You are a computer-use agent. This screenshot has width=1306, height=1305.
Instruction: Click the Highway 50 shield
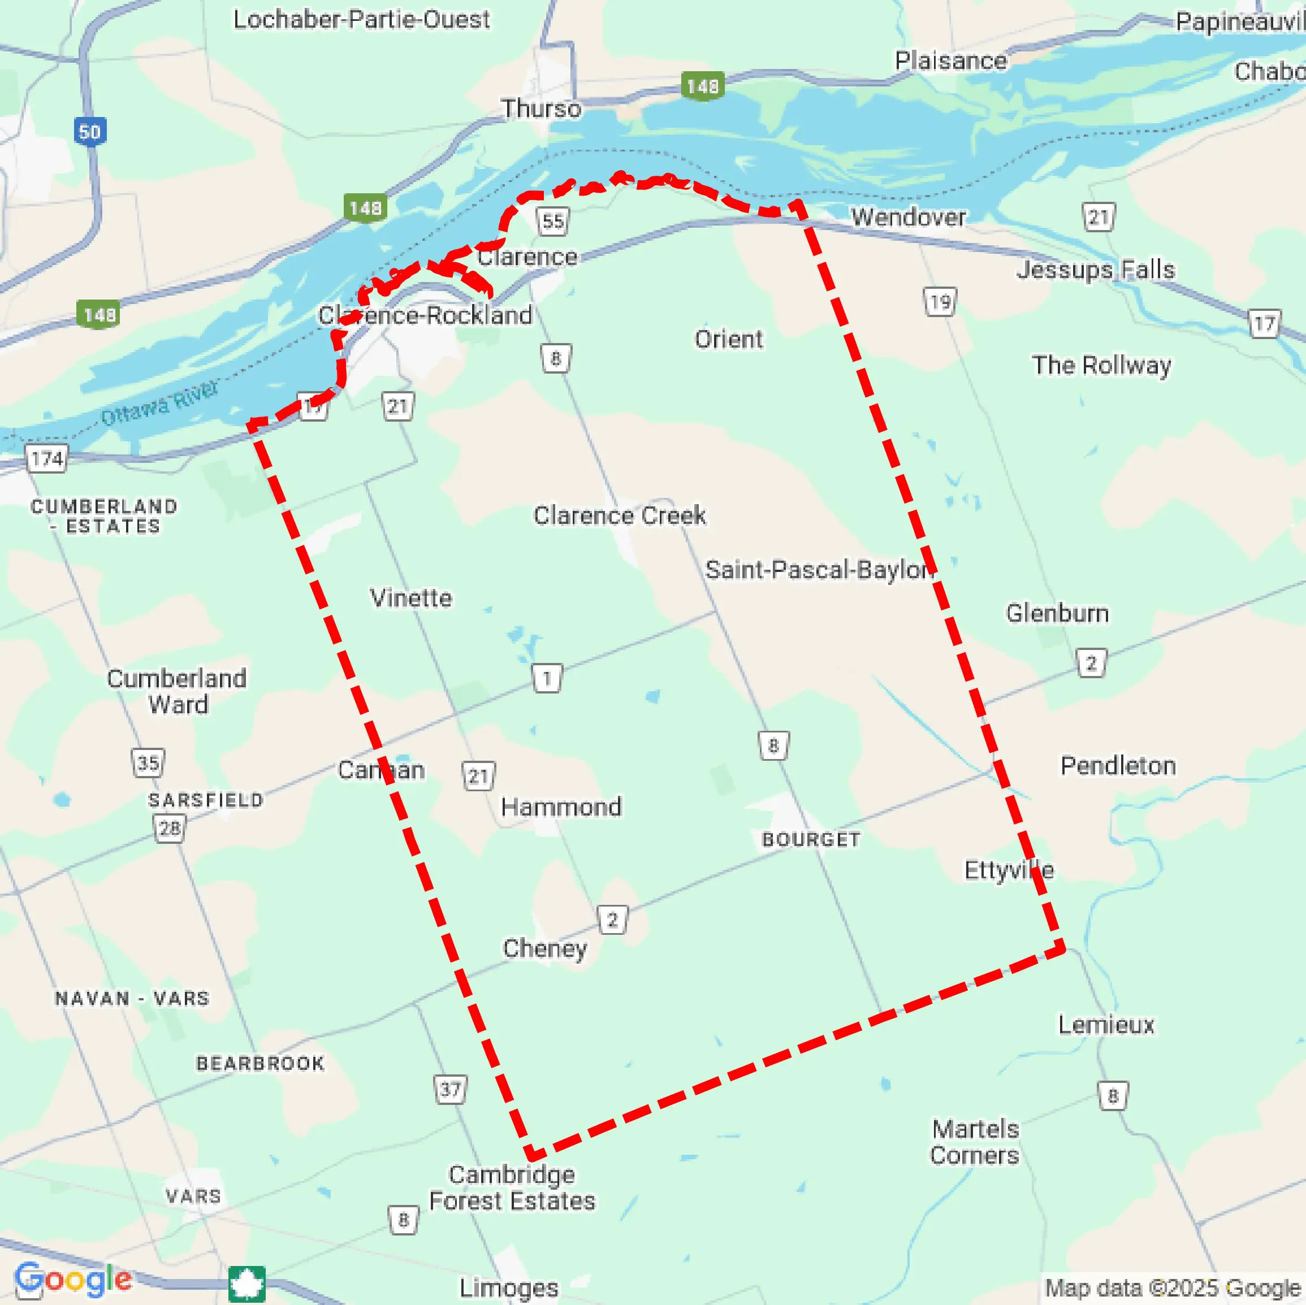(x=89, y=131)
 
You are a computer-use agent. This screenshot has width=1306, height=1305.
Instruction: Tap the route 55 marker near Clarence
(x=552, y=221)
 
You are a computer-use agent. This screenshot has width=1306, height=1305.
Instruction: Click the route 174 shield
(x=46, y=459)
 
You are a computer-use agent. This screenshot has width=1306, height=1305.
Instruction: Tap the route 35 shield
(x=148, y=763)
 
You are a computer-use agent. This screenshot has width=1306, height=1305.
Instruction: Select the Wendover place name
(x=908, y=217)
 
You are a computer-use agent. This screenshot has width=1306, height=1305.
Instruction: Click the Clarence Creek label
(x=619, y=515)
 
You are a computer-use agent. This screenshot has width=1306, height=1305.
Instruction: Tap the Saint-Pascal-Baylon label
(x=819, y=570)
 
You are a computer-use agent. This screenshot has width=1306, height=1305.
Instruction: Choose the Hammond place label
(x=560, y=807)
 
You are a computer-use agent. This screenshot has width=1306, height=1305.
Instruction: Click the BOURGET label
(x=811, y=839)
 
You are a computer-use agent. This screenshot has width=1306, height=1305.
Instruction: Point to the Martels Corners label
(x=974, y=1142)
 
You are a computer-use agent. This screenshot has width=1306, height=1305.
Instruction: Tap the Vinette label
(x=411, y=597)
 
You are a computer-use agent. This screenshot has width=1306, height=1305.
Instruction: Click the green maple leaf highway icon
(x=247, y=1284)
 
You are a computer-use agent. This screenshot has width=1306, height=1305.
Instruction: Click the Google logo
(x=73, y=1280)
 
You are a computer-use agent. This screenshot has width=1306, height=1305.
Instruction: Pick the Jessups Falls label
(x=1095, y=270)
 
